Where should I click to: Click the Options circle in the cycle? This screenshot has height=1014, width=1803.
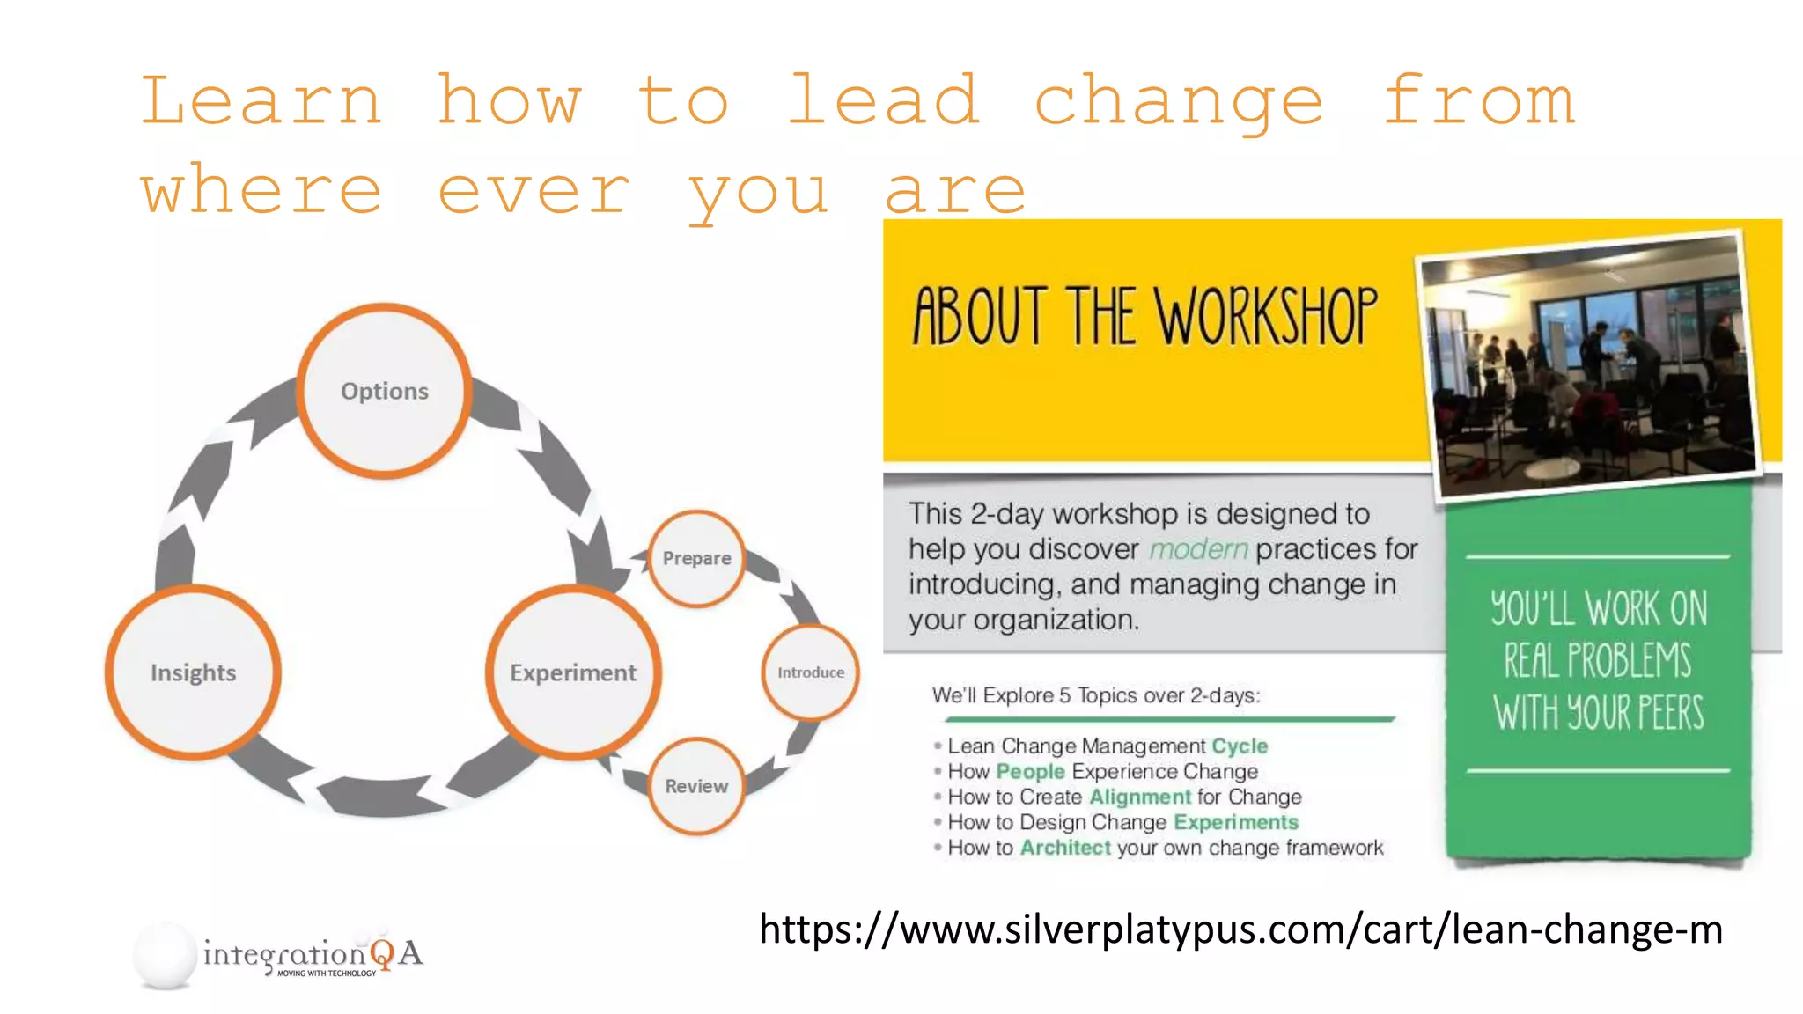(384, 391)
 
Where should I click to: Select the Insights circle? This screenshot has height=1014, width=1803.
(193, 672)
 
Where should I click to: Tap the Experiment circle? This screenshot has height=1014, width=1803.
(573, 672)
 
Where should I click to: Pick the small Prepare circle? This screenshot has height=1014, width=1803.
(696, 558)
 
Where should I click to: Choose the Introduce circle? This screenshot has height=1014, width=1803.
(810, 672)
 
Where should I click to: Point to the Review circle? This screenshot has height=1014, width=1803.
(696, 786)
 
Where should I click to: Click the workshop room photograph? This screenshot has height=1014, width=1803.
(1590, 365)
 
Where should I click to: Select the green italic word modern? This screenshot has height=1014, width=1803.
(1198, 549)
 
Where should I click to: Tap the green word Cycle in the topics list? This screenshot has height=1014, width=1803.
(1240, 746)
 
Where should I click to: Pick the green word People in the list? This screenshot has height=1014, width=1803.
(1030, 771)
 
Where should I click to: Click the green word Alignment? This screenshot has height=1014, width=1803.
(1140, 797)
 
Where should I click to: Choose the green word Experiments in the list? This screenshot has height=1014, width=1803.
(1236, 822)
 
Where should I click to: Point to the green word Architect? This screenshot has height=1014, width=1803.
(1065, 848)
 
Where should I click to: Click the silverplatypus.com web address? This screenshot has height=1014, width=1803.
(1240, 929)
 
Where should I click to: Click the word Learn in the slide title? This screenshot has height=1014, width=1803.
(261, 101)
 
